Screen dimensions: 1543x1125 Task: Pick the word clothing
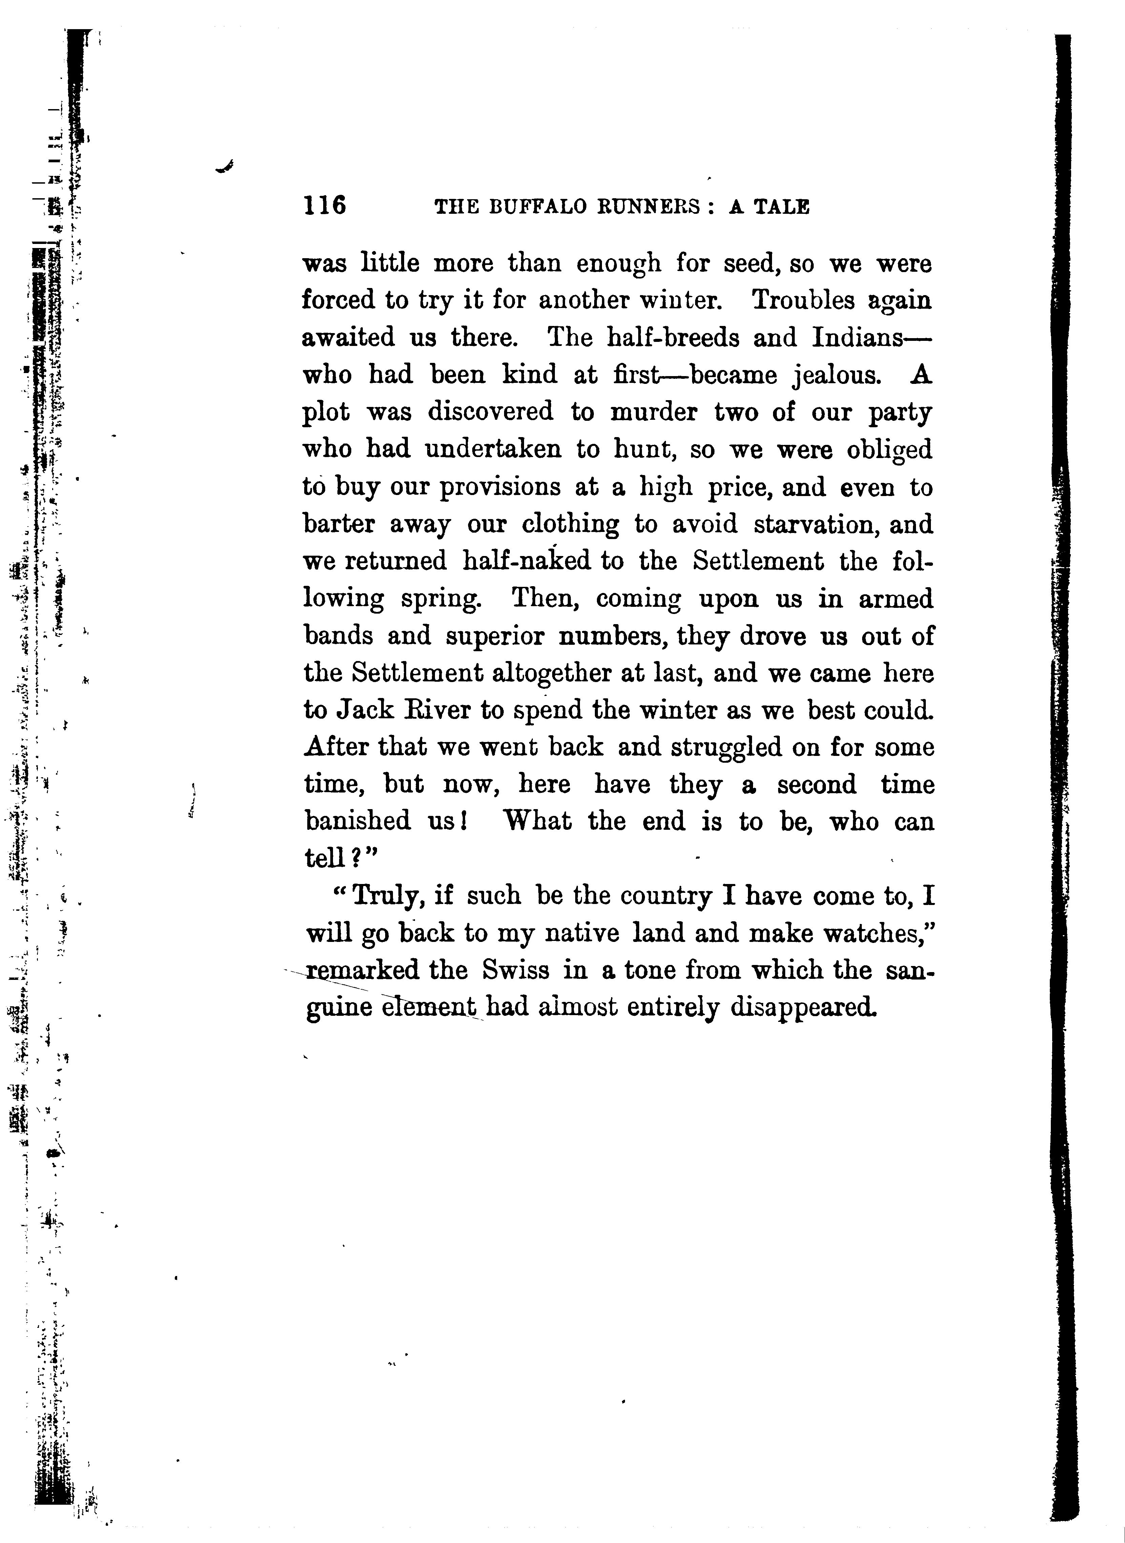571,523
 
